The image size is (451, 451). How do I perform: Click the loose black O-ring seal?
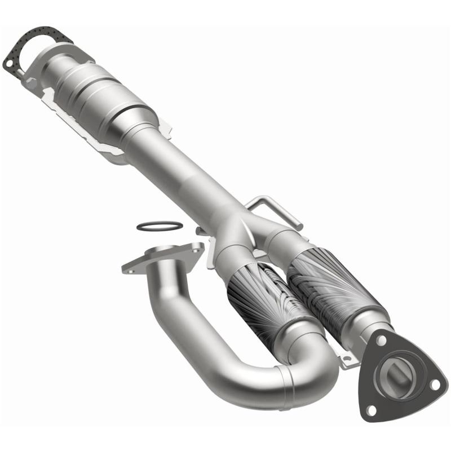point(160,226)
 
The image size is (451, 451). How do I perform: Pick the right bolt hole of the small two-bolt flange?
point(196,246)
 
